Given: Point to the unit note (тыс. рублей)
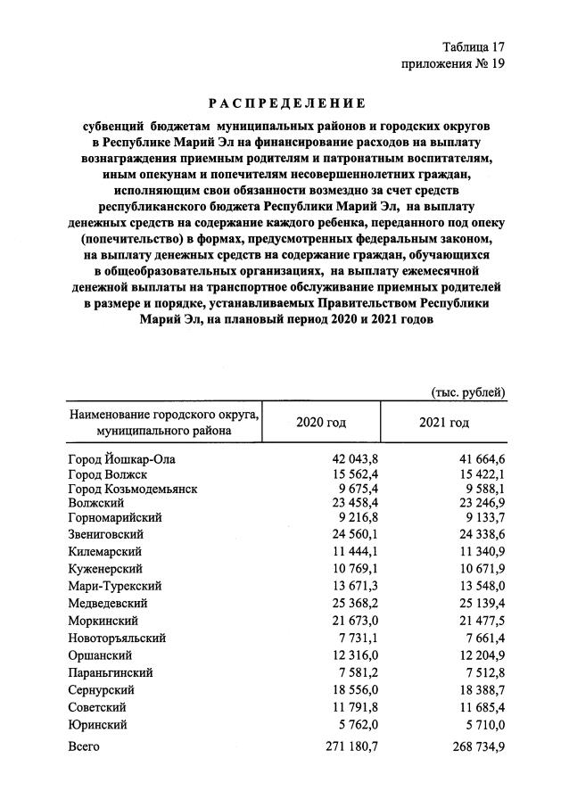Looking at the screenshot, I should (468, 391).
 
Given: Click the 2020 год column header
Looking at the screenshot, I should (320, 422).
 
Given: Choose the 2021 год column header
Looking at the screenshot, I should (443, 422).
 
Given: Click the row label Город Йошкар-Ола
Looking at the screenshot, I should (123, 459).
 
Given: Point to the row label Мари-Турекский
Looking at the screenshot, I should (114, 586).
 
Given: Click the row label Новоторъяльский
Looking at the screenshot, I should (117, 638).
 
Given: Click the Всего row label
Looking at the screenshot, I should (84, 747).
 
